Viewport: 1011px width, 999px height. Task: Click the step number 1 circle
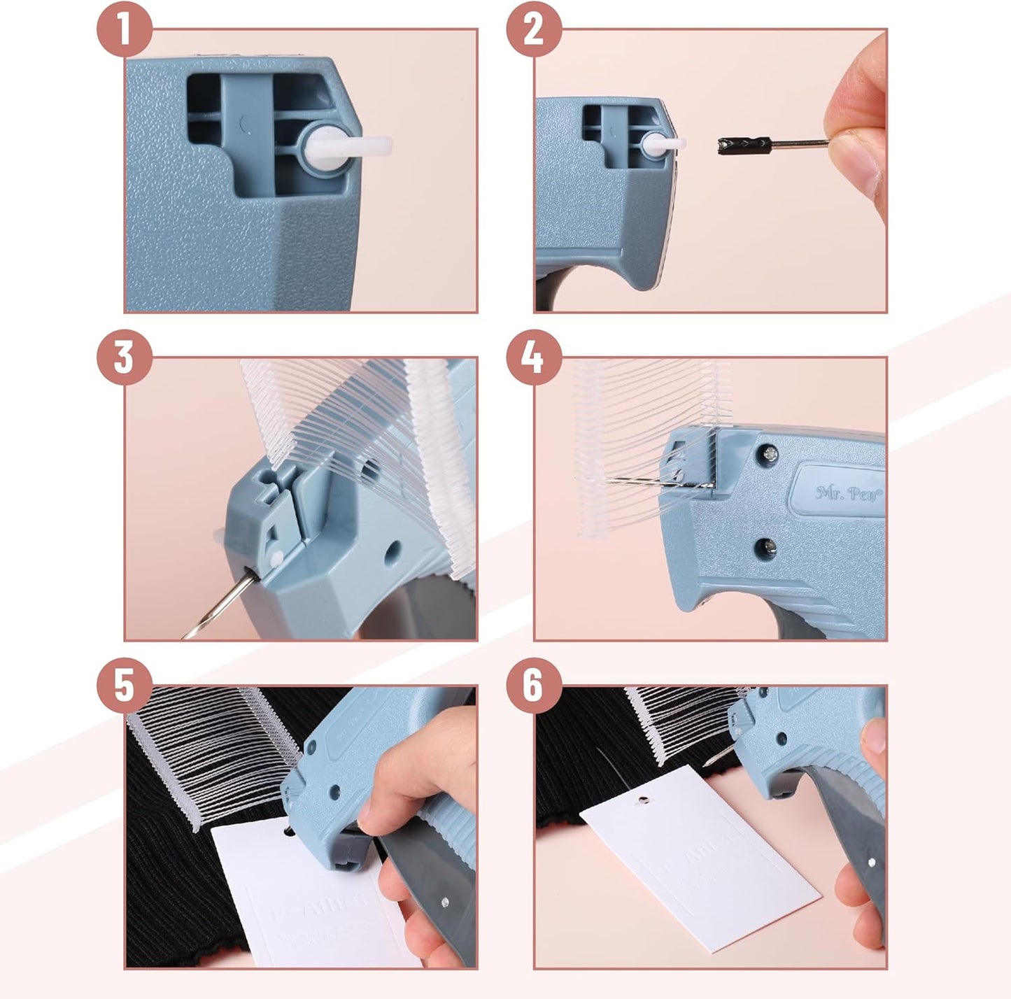click(x=124, y=29)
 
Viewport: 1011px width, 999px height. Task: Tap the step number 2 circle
click(x=533, y=29)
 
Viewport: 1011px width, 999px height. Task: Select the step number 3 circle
click(x=124, y=357)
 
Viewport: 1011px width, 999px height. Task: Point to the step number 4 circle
click(x=533, y=357)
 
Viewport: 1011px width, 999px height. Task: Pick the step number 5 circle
click(x=124, y=684)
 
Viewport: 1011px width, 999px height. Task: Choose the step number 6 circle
click(x=533, y=684)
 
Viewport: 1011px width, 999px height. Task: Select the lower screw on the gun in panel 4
click(x=768, y=546)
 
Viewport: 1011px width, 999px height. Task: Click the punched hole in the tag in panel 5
click(x=288, y=832)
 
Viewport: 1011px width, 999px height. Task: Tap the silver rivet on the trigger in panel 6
click(x=871, y=862)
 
